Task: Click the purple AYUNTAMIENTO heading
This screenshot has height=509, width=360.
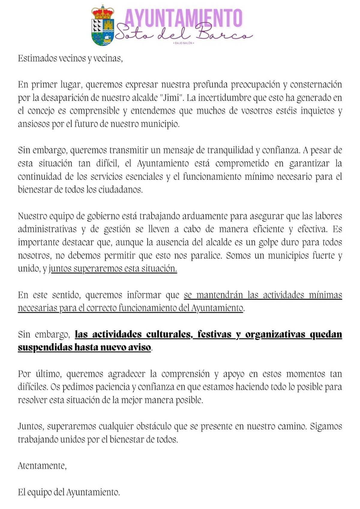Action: point(183,18)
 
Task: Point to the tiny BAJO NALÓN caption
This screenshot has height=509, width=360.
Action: point(184,43)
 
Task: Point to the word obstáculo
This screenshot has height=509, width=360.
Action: point(154,426)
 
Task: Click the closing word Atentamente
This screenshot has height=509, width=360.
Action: point(42,466)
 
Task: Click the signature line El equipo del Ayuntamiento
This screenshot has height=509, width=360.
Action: point(69,492)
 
